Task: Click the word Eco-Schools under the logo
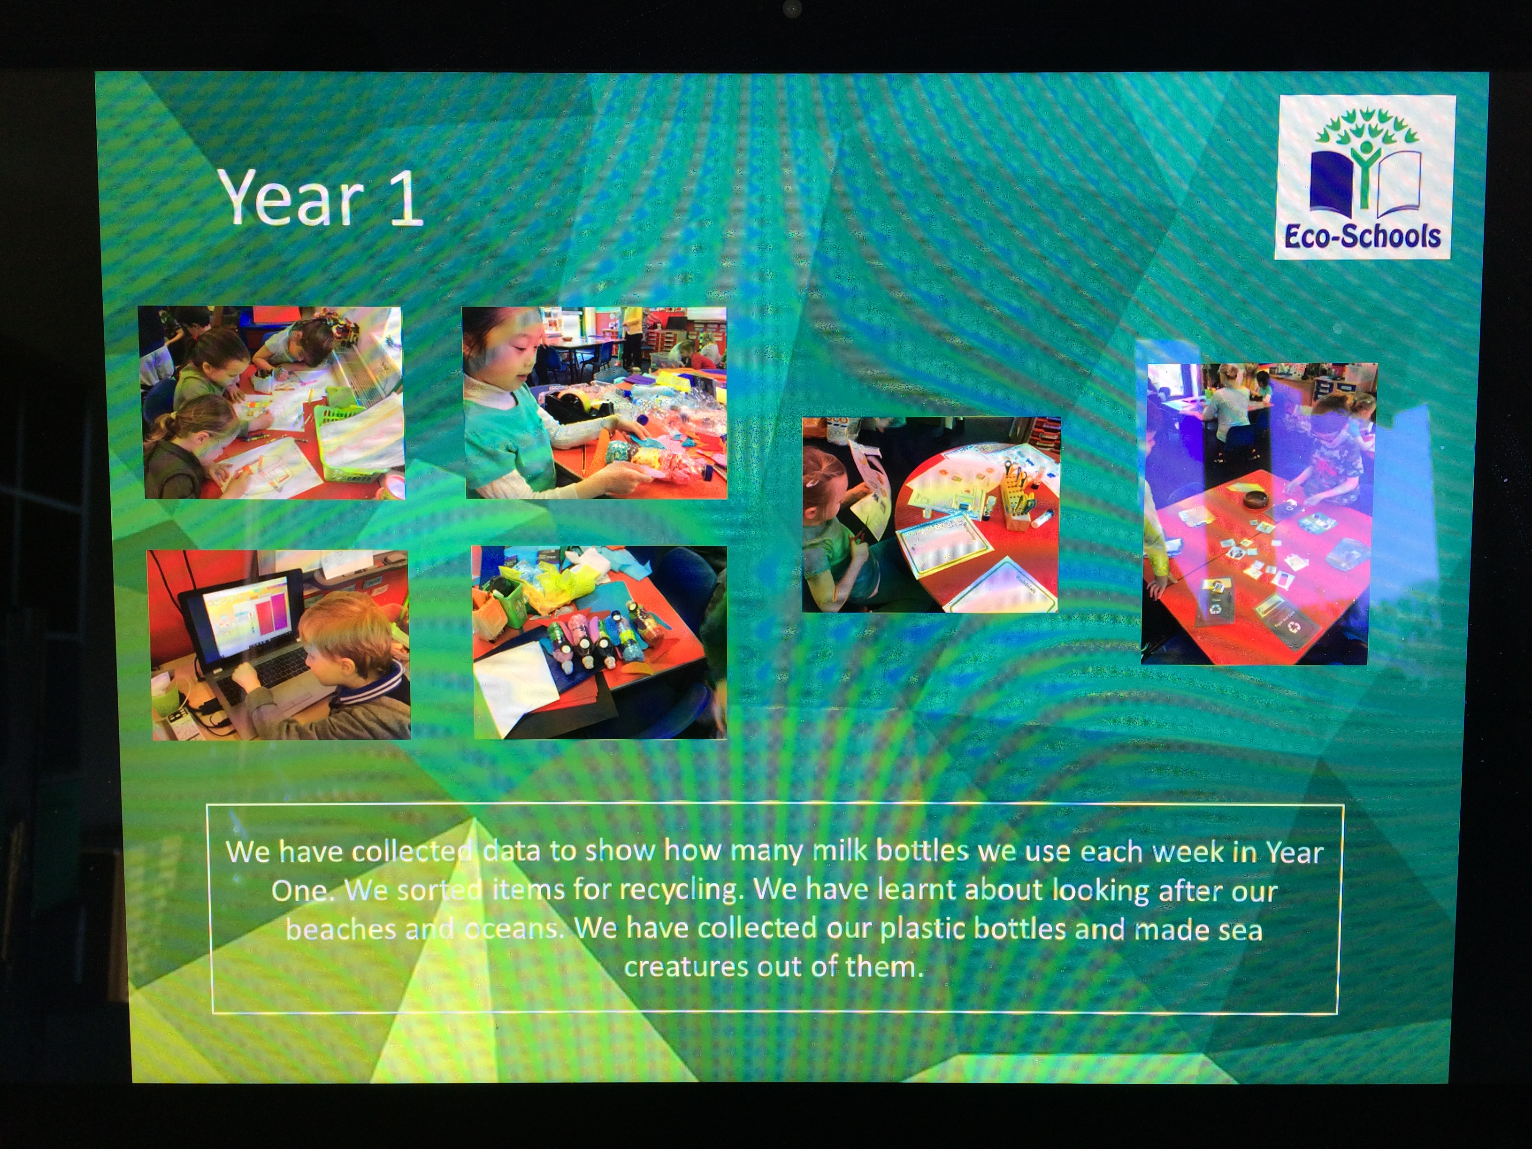1362,236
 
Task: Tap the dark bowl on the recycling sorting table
1255,498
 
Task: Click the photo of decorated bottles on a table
599,642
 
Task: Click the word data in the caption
511,850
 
